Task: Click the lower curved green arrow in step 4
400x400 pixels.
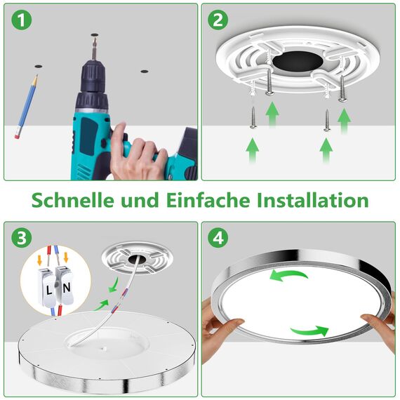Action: [309, 330]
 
